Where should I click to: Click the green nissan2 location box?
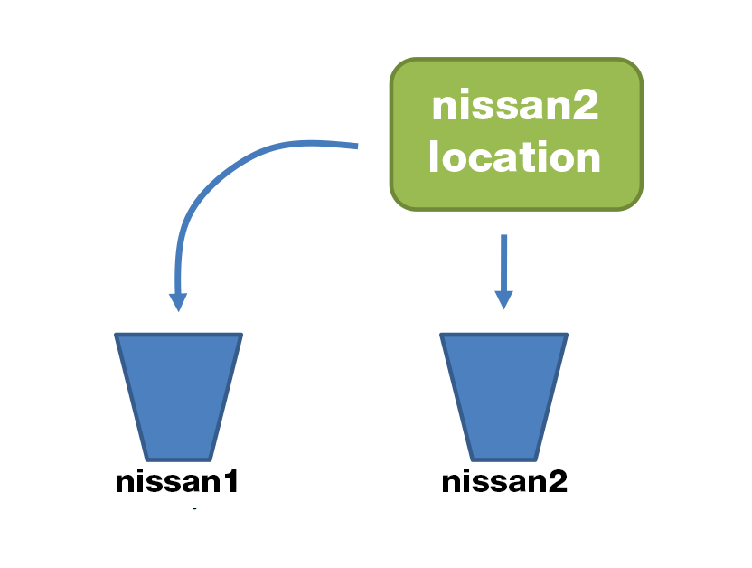tap(516, 134)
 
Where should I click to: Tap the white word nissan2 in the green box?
tap(515, 108)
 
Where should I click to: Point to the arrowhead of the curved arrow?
tap(179, 302)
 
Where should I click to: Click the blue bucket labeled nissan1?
tap(178, 395)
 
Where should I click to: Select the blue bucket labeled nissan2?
tap(503, 395)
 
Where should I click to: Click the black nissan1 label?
tap(177, 481)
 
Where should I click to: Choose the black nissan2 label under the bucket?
tap(503, 481)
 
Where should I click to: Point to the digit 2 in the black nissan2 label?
tap(558, 481)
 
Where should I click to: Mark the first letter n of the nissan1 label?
tap(125, 483)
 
